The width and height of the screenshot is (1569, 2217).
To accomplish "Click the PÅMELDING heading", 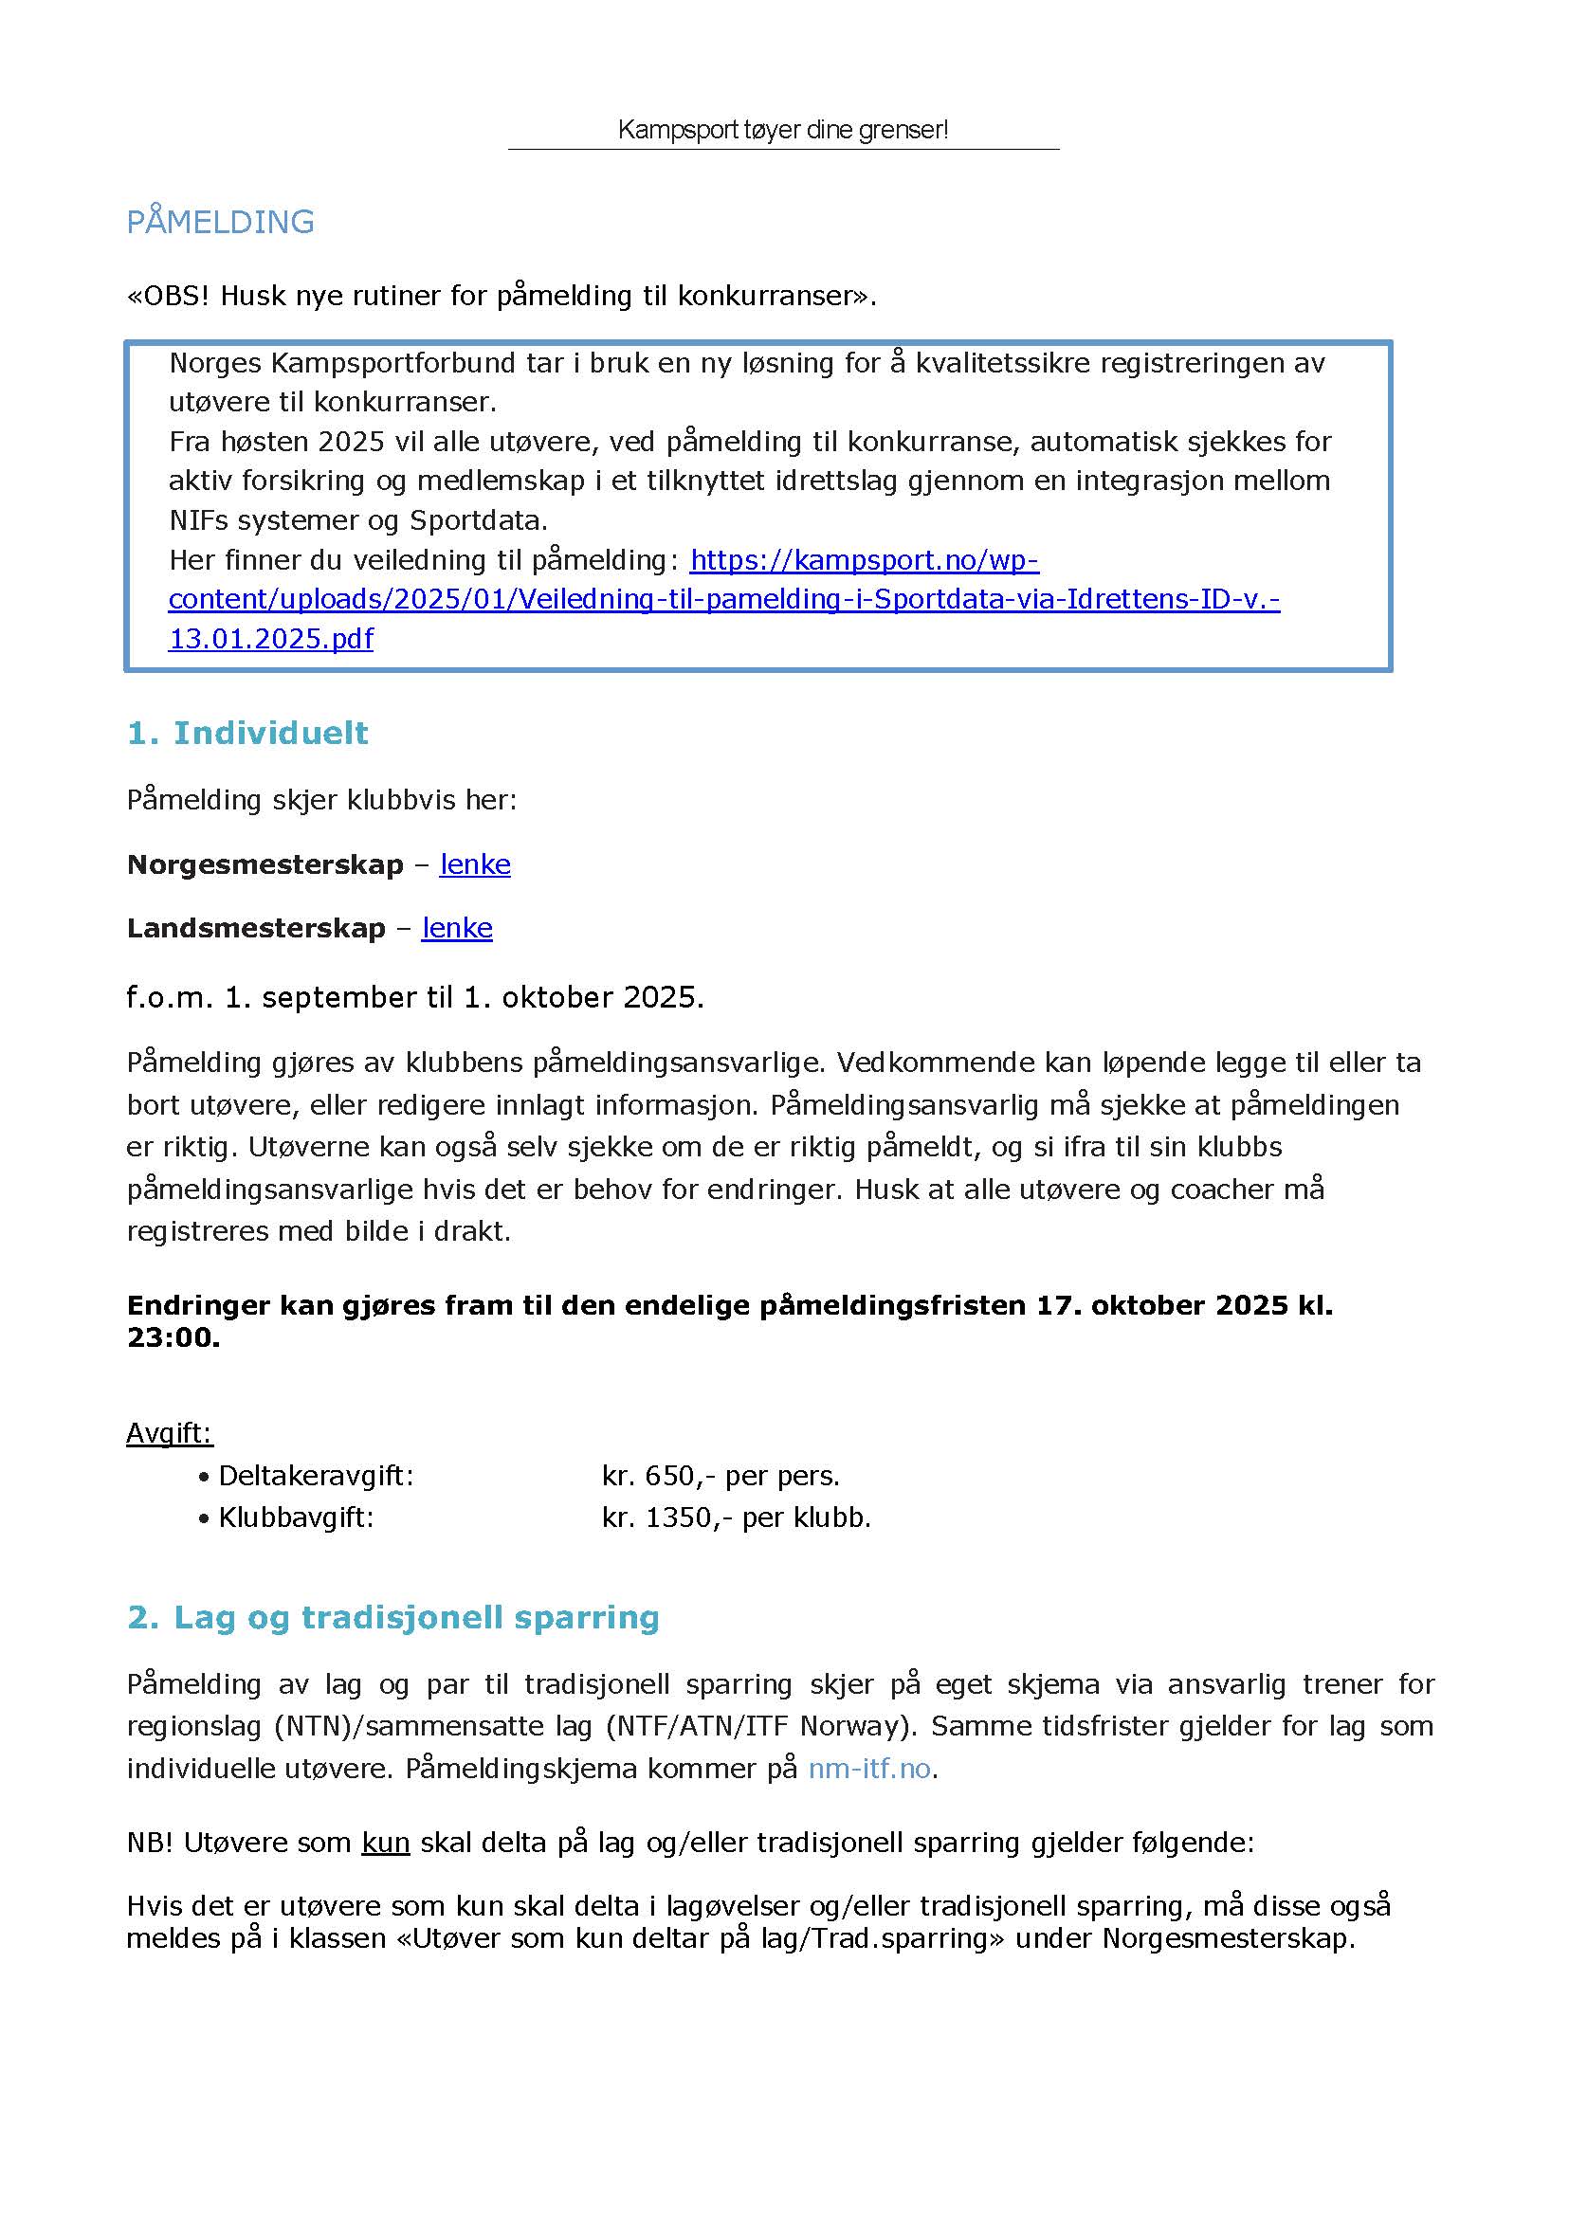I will [x=220, y=222].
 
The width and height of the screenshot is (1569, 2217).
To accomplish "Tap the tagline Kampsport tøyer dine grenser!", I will [x=782, y=130].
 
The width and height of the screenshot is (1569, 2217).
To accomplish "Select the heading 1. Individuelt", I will [x=247, y=734].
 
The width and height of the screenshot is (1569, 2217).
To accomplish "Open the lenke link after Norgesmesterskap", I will [x=474, y=864].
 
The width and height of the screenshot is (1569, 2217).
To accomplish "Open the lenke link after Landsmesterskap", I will [x=457, y=928].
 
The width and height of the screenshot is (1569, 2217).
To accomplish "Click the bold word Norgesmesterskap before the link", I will [x=265, y=864].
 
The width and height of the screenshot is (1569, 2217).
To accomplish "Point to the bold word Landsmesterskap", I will [x=256, y=928].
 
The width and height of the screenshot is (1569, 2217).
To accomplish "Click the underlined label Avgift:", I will [x=169, y=1432].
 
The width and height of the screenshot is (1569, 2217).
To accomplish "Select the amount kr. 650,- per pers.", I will [x=720, y=1476].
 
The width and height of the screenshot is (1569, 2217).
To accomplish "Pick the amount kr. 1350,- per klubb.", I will [x=736, y=1517].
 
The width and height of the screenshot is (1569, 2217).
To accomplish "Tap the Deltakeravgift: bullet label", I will [x=316, y=1476].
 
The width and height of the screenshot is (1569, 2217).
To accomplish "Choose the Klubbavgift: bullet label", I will [x=296, y=1517].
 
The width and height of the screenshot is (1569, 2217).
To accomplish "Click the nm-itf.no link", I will [x=869, y=1769].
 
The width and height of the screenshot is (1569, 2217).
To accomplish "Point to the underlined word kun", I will [x=386, y=1844].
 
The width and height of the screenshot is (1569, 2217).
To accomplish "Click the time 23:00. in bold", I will [x=173, y=1338].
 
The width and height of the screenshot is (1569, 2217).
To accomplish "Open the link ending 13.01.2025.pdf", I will [x=270, y=639].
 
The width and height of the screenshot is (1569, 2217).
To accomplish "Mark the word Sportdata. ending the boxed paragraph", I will [x=478, y=520].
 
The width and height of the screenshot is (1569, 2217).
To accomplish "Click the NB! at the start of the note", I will [x=150, y=1844].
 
